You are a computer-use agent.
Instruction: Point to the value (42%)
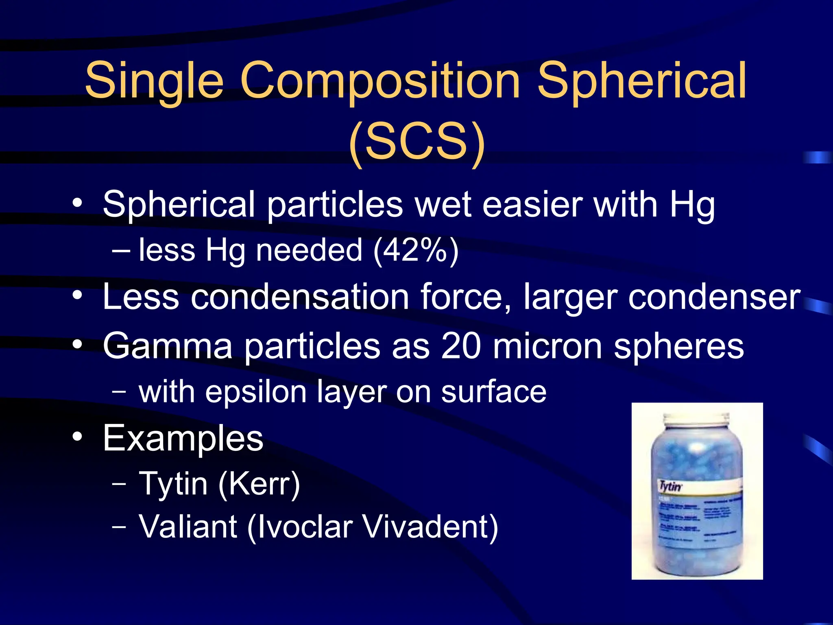pos(416,251)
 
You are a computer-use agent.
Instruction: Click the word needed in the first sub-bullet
pos(309,250)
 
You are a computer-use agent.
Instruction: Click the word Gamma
pos(167,347)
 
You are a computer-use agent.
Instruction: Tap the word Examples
pos(183,439)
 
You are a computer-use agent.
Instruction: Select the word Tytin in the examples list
pos(173,484)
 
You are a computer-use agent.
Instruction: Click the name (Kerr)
pos(259,484)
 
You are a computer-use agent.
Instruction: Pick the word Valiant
pos(188,527)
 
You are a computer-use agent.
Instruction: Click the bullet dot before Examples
pos(77,438)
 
